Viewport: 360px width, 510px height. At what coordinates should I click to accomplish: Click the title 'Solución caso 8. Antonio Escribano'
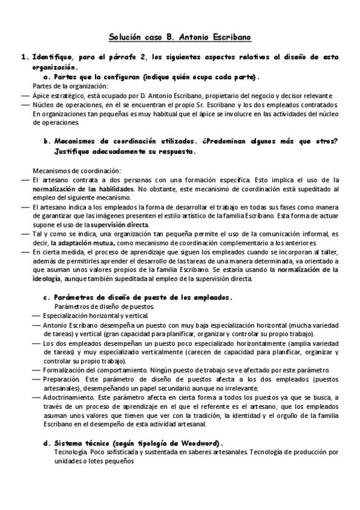[180, 37]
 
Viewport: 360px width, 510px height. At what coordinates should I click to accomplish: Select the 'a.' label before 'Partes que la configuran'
[47, 77]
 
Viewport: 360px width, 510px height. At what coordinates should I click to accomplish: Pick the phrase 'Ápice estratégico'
[56, 96]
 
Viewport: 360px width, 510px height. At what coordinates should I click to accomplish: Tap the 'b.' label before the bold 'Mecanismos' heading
[47, 142]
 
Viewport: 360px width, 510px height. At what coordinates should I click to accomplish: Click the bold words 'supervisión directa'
[119, 224]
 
